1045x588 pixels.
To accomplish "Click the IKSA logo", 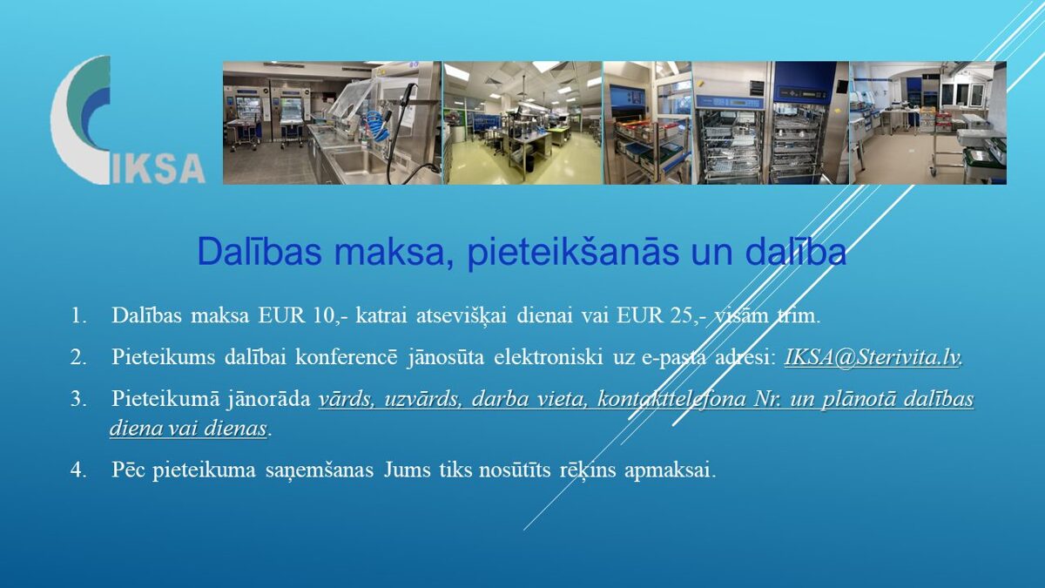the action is click(127, 120).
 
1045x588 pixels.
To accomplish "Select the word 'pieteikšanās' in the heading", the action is click(573, 253).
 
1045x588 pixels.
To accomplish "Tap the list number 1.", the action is click(78, 316).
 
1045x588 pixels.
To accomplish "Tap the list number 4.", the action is click(78, 470).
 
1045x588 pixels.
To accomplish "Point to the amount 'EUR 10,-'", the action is click(303, 316).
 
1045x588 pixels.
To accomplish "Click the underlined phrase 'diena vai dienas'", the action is click(188, 429).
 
